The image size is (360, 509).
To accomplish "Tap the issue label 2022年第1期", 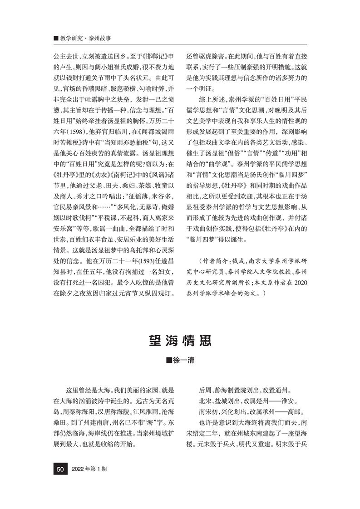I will (89, 482).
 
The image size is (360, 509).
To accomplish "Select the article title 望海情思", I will (180, 340).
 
